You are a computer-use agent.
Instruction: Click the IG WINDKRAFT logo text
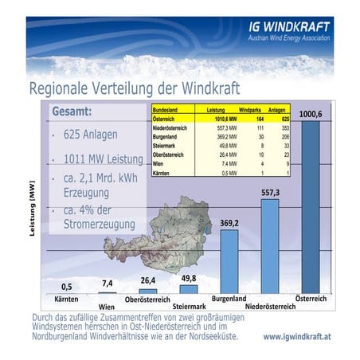[x=288, y=26]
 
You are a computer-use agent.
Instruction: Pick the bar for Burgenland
[x=229, y=263]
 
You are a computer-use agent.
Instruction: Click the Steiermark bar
[x=189, y=289]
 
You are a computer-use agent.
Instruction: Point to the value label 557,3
[x=271, y=193]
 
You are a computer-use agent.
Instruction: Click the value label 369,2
[x=230, y=224]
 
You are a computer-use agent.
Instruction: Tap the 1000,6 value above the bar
[x=311, y=115]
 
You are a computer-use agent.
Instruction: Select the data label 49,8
[x=189, y=278]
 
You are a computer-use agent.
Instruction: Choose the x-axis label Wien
[x=107, y=307]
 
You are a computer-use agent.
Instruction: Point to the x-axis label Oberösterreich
[x=148, y=300]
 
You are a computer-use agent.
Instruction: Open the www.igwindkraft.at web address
[x=298, y=337]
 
